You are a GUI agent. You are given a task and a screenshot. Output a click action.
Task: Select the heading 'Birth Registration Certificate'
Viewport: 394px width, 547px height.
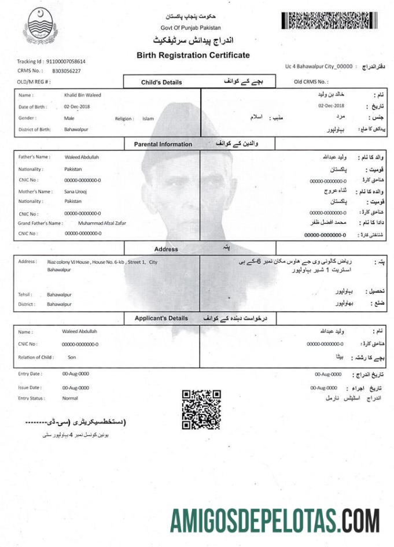(x=193, y=56)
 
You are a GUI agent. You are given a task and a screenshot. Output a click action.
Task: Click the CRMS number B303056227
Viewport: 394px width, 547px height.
(x=67, y=71)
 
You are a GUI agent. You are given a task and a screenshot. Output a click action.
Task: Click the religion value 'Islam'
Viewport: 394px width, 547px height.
(x=148, y=119)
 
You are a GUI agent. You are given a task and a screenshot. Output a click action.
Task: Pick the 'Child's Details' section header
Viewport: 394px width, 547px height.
(x=161, y=82)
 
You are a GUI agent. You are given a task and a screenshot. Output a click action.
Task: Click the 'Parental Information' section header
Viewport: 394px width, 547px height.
(x=163, y=144)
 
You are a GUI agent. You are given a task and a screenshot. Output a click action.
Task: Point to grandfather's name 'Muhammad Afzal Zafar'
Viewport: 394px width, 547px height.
(x=102, y=223)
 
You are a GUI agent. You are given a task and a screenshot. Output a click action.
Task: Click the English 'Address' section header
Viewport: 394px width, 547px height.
(x=166, y=249)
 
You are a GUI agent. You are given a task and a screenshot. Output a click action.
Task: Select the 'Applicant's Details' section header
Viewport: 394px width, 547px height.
(x=161, y=318)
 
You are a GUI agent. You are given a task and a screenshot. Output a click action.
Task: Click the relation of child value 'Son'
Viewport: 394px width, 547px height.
(x=72, y=357)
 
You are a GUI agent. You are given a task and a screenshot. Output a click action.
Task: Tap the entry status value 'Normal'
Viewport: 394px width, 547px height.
(x=70, y=398)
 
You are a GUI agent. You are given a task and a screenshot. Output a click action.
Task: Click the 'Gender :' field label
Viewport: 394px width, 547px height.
(x=27, y=118)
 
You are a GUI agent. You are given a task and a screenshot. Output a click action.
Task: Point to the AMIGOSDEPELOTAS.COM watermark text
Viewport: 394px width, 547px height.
(x=275, y=519)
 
